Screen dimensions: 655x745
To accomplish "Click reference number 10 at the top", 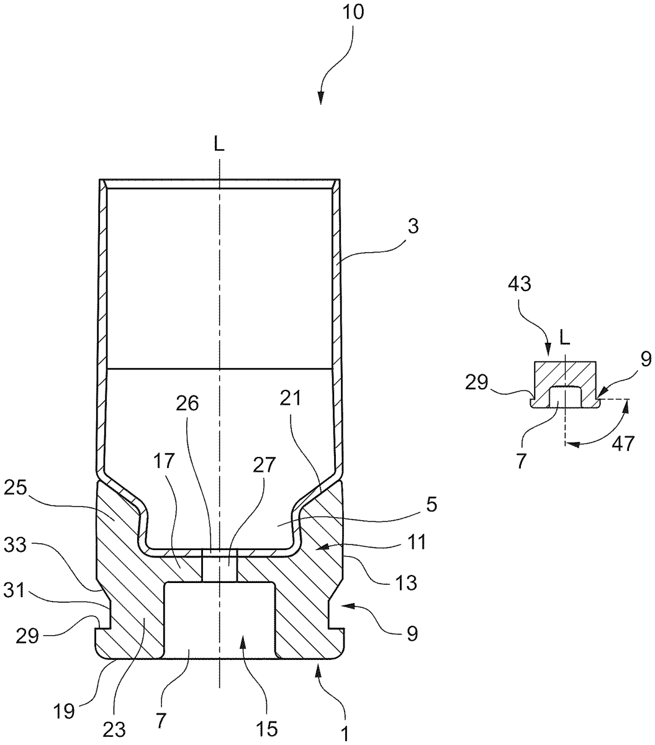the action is [353, 12].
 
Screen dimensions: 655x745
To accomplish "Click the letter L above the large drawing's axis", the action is [219, 145].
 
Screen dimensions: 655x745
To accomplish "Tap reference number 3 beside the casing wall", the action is [413, 227].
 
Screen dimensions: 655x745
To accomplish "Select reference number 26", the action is [187, 404].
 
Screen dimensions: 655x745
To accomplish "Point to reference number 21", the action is [291, 398].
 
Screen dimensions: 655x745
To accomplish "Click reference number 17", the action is [164, 461].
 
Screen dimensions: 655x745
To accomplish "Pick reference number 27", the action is [264, 465].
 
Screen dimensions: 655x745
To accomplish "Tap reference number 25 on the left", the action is [16, 488].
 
